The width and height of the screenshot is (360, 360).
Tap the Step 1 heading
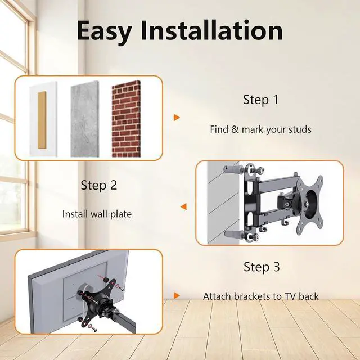click(260, 100)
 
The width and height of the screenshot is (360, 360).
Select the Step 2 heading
click(98, 184)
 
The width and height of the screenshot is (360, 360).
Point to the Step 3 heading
click(262, 267)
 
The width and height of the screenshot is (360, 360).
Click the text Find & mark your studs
click(260, 129)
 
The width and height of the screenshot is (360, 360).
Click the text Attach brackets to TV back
click(260, 296)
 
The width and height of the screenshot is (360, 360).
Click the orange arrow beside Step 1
click(177, 118)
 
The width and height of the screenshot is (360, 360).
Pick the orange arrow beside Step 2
click(183, 206)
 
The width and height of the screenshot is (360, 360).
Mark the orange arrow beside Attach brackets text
click(177, 295)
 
